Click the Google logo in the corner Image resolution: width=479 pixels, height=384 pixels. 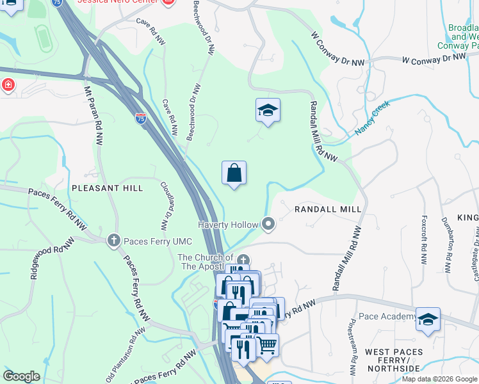(x=21, y=376)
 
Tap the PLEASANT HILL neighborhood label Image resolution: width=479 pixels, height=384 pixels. (x=107, y=188)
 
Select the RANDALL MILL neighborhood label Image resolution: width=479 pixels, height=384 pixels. (x=327, y=209)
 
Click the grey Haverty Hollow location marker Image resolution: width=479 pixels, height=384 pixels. (x=268, y=224)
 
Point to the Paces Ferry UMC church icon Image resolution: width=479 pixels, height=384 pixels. (x=113, y=240)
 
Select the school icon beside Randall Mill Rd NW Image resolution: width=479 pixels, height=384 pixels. (x=268, y=110)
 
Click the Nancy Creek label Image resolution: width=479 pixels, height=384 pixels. (x=372, y=121)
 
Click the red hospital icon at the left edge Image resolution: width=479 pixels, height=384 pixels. (x=7, y=84)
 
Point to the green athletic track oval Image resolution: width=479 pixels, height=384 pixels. (x=44, y=39)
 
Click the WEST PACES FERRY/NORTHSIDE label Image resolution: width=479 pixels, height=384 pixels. (x=394, y=360)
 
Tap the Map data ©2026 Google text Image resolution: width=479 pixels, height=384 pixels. (x=439, y=379)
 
